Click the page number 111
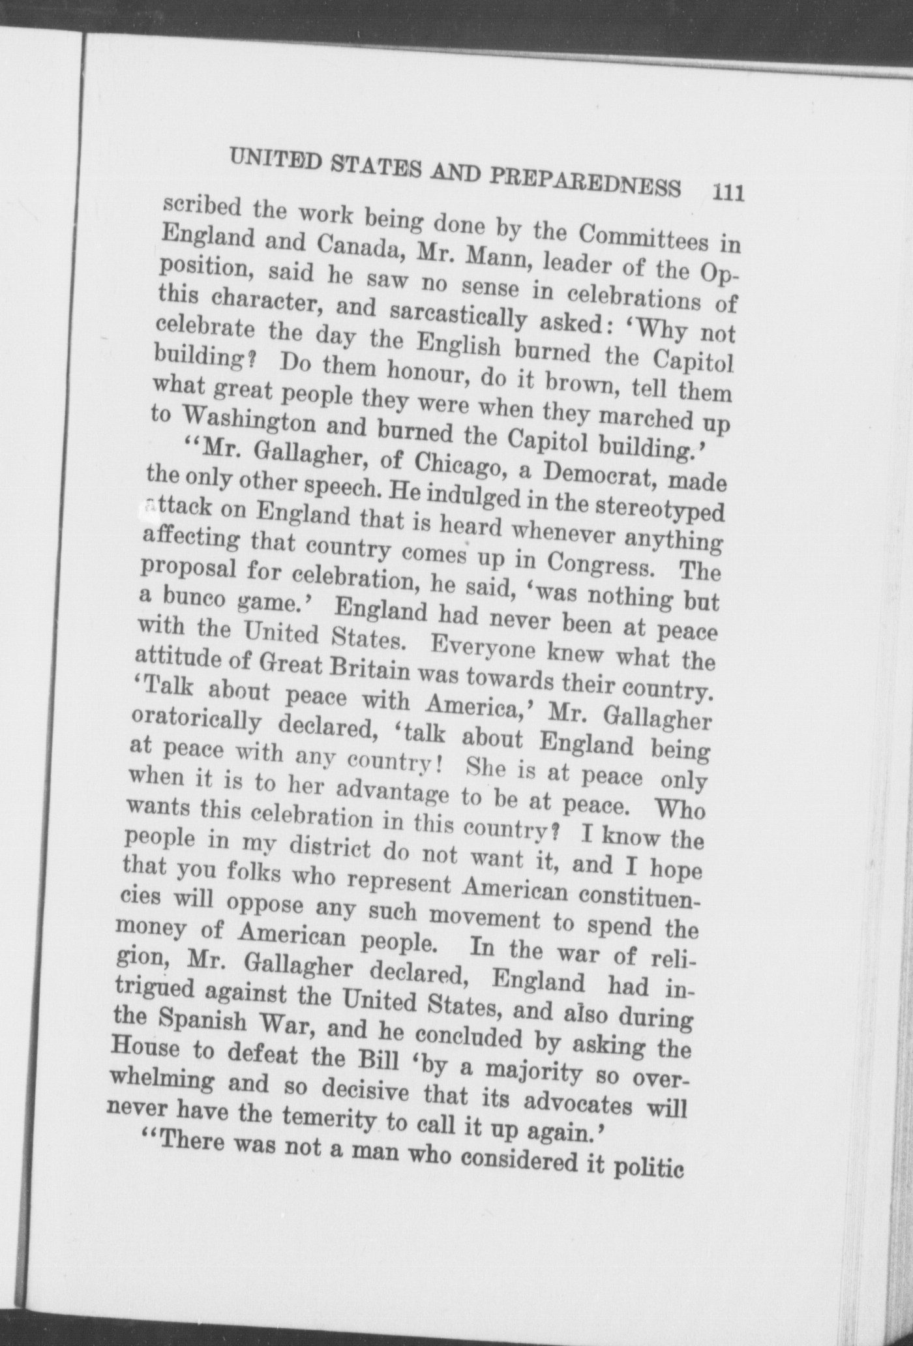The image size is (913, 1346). click(728, 194)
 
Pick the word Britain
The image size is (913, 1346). click(364, 667)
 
